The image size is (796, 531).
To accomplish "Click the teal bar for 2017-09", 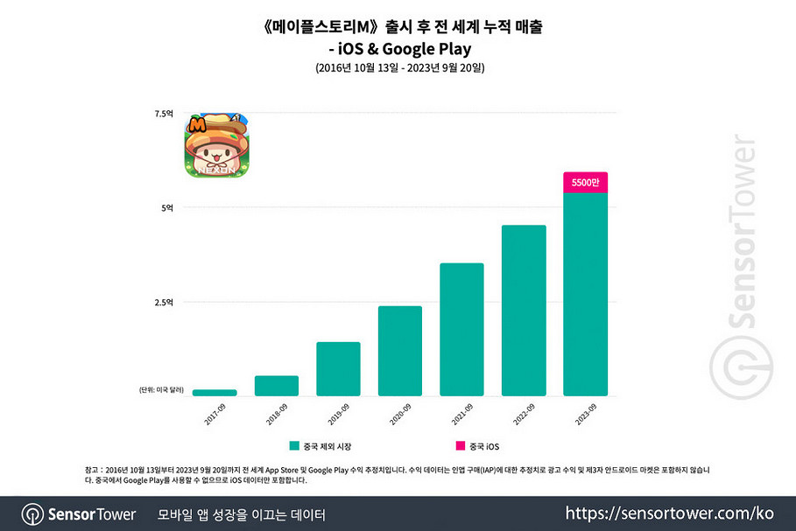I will pyautogui.click(x=215, y=393).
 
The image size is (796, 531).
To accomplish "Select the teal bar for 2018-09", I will pyautogui.click(x=277, y=386).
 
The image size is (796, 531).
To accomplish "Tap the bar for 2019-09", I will pyautogui.click(x=338, y=368).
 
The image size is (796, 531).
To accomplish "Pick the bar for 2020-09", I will pyautogui.click(x=400, y=351).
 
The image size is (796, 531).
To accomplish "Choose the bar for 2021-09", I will pyautogui.click(x=461, y=329).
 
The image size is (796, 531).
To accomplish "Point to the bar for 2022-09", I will pyautogui.click(x=524, y=311).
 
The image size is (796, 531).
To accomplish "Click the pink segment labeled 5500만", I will pyautogui.click(x=585, y=183).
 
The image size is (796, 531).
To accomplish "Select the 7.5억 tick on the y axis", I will pyautogui.click(x=165, y=114).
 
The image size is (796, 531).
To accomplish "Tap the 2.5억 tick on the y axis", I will pyautogui.click(x=165, y=303).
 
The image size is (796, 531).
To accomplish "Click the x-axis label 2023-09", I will pyautogui.click(x=584, y=411).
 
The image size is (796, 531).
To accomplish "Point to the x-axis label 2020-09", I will pyautogui.click(x=399, y=411).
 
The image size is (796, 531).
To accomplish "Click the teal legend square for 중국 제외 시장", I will pyautogui.click(x=294, y=445).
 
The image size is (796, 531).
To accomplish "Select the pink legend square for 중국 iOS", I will pyautogui.click(x=460, y=445).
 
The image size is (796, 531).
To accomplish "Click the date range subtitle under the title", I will pyautogui.click(x=398, y=67).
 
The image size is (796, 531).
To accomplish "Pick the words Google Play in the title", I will pyautogui.click(x=440, y=49).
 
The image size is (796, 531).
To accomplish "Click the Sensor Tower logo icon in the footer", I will pyautogui.click(x=33, y=514).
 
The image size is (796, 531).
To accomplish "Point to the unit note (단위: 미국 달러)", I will pyautogui.click(x=158, y=389).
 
